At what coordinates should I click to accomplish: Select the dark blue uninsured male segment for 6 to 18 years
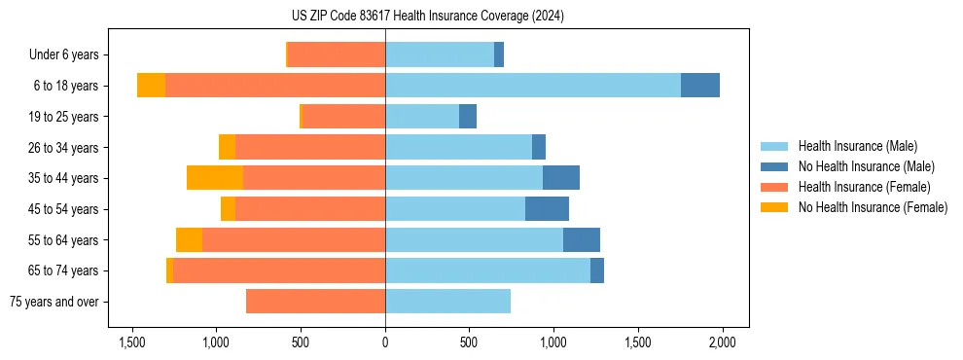(x=700, y=86)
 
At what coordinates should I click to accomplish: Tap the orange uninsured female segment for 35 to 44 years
(x=215, y=178)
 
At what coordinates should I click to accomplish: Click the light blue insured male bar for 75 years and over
(x=447, y=302)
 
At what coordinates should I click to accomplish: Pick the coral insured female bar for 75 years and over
(x=315, y=302)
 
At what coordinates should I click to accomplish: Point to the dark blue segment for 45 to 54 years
(x=547, y=209)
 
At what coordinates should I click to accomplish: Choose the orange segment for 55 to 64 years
(x=189, y=239)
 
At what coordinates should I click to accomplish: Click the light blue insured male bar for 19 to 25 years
(x=422, y=117)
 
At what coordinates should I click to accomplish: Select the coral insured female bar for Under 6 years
(x=337, y=55)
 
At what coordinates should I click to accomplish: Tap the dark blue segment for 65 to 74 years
(x=597, y=270)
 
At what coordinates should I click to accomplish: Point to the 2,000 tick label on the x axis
(x=722, y=342)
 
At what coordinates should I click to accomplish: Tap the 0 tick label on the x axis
(x=385, y=342)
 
